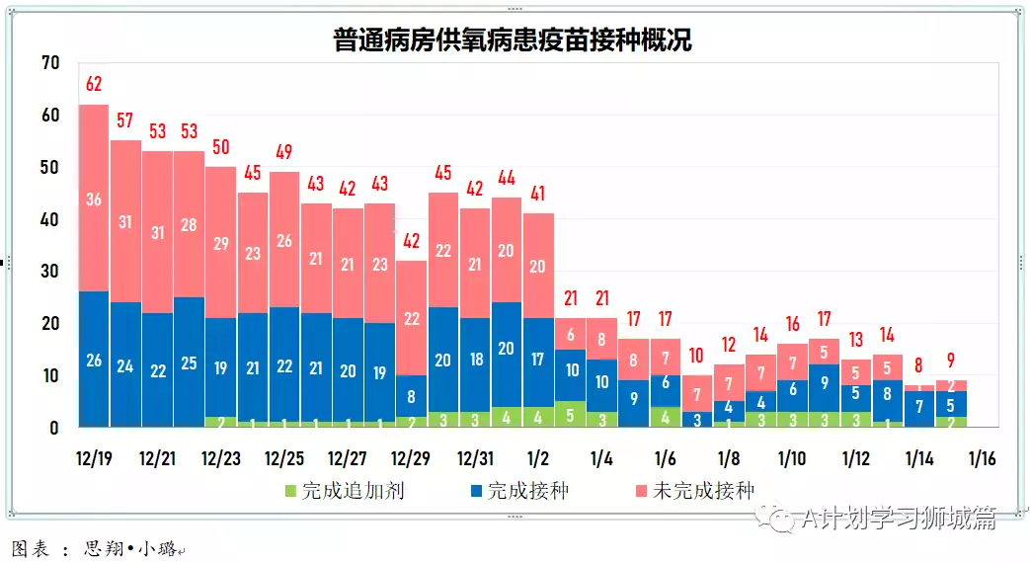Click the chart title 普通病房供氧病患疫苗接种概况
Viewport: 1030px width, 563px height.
coord(514,40)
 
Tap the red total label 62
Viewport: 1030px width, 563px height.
coord(94,83)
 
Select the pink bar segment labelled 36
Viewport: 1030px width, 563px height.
coord(94,199)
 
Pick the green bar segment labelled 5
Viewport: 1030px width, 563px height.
coord(570,415)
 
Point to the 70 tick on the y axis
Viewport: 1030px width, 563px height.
coord(50,63)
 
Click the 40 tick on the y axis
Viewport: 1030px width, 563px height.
coord(50,219)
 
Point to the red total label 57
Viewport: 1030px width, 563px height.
coord(125,121)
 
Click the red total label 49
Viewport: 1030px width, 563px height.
coord(284,152)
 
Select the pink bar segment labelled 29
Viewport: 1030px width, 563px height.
coord(221,243)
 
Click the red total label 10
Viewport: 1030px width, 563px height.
coord(697,356)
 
